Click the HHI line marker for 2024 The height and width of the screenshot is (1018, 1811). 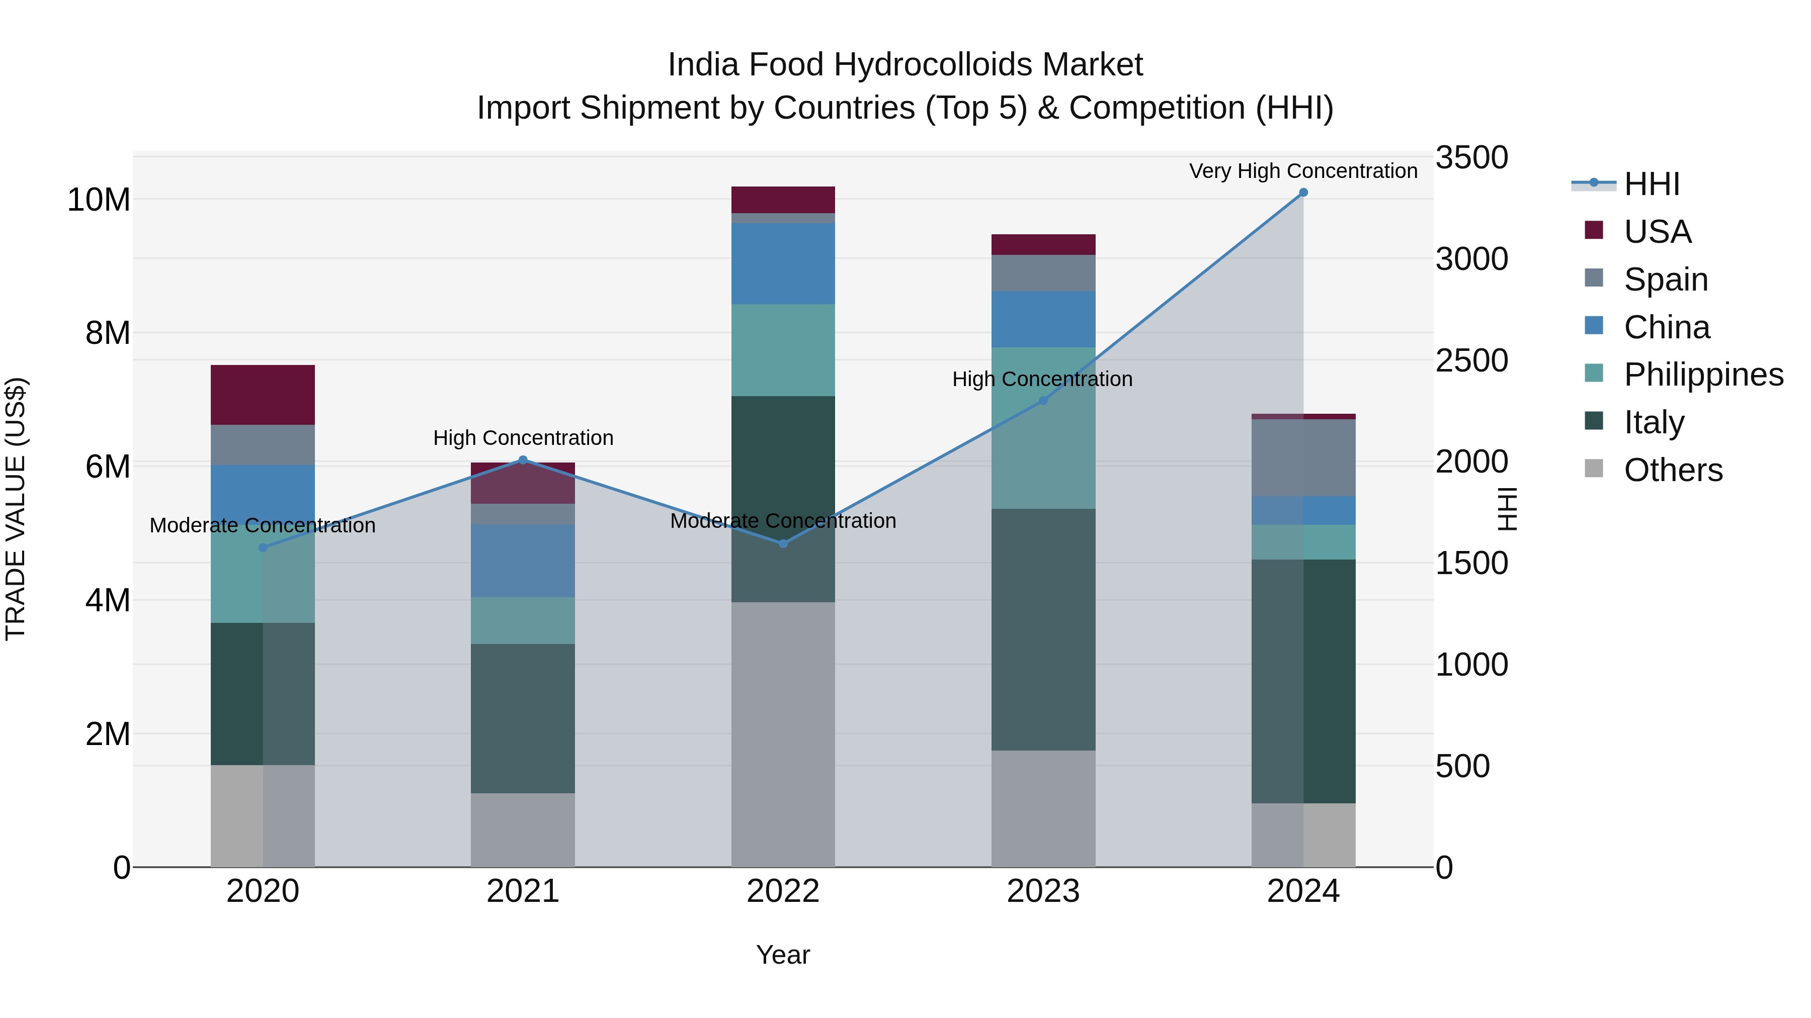(1303, 193)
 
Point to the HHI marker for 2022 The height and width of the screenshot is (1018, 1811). (783, 543)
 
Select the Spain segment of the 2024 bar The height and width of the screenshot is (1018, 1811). (1303, 458)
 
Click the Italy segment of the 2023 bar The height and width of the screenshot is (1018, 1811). (1043, 629)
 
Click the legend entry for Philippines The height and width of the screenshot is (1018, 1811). (1703, 375)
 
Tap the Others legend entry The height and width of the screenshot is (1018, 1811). (1673, 470)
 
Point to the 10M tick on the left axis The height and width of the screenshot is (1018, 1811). (99, 200)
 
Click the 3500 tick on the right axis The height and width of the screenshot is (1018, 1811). (1471, 157)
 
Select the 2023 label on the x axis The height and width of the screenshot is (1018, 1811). (1043, 891)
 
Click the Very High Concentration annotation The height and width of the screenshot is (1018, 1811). (1303, 171)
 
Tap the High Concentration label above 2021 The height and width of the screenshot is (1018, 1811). (523, 438)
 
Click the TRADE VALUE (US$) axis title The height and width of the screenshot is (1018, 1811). (16, 509)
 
